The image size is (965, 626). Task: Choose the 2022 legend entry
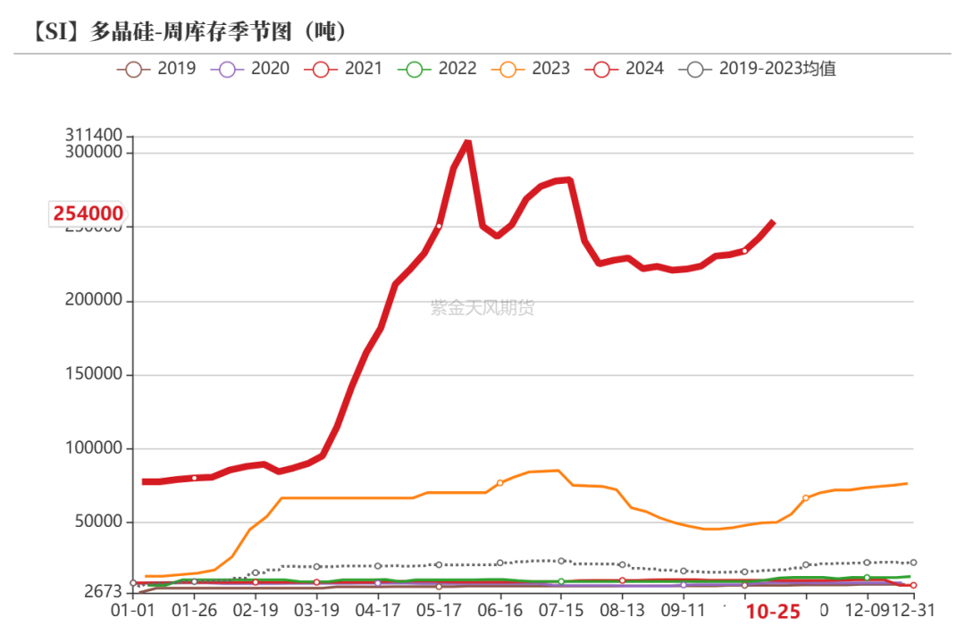click(439, 68)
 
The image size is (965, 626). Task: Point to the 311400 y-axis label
click(93, 136)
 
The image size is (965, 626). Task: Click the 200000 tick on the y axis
click(93, 301)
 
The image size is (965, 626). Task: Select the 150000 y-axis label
click(93, 375)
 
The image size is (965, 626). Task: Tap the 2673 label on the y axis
click(104, 592)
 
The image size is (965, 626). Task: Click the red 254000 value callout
click(88, 213)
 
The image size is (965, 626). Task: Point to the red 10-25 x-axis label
click(773, 612)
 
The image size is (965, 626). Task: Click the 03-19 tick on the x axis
click(317, 612)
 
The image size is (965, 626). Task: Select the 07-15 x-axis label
click(561, 612)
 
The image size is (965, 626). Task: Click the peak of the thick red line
click(467, 142)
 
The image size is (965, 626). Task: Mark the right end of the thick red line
click(773, 222)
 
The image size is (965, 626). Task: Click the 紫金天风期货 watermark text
click(482, 308)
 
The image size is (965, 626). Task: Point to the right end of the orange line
click(907, 483)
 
